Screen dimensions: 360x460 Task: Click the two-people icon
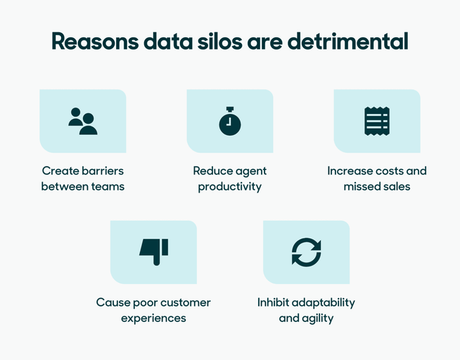[83, 121]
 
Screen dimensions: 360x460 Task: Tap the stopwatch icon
[229, 122]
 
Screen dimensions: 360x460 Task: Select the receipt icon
[377, 121]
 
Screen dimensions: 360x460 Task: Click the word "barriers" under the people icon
[102, 171]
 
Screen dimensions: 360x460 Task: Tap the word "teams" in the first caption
[107, 187]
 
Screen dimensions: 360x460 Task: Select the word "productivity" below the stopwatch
[229, 187]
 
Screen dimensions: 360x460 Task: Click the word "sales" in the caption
[397, 187]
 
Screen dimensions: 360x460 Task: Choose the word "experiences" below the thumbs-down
[153, 319]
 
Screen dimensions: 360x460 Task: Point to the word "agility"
[317, 319]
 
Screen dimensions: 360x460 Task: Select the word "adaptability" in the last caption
[324, 302]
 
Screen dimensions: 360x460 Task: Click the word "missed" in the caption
[361, 187]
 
